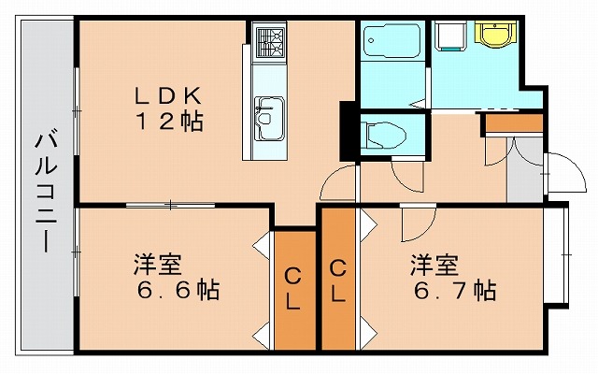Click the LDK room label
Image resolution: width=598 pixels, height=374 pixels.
coord(167,94)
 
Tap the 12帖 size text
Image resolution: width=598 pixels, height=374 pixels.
coord(168,121)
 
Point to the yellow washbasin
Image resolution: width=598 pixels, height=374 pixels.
coord(491,35)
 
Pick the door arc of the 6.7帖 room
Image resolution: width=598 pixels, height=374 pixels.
coord(415,221)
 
